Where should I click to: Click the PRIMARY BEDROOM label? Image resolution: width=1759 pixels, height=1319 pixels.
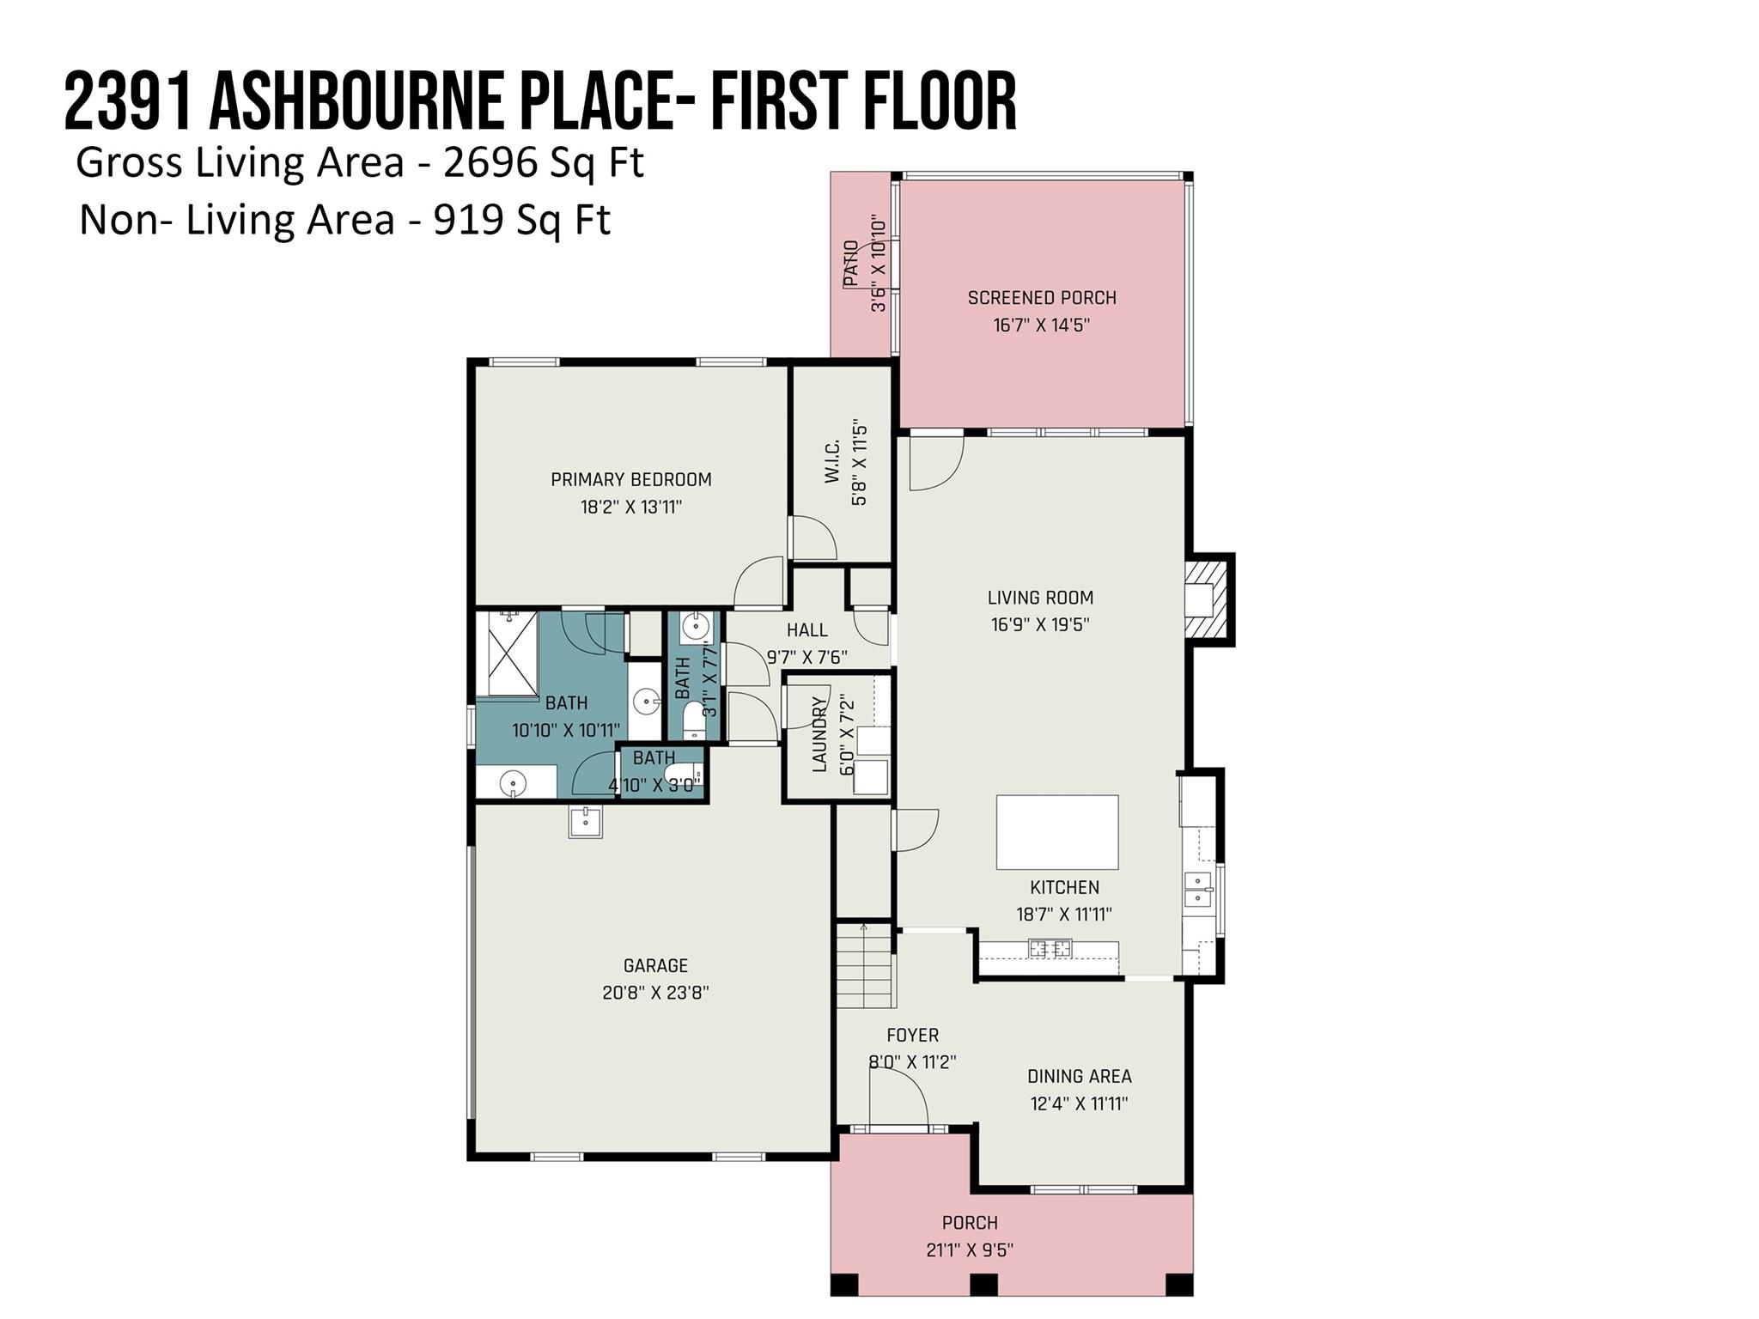tap(631, 479)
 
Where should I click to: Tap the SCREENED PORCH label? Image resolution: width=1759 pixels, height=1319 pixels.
tap(1042, 298)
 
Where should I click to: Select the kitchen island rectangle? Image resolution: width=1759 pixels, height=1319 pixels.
tap(1057, 832)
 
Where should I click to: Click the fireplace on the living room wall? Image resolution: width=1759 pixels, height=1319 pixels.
tap(1209, 599)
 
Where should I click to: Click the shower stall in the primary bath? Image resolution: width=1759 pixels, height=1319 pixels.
tap(508, 653)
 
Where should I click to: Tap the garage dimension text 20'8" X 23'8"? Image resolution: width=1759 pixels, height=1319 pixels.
tap(655, 993)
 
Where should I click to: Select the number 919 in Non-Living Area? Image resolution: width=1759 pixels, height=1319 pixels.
tap(469, 220)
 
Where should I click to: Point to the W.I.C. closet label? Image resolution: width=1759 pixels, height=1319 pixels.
tap(832, 461)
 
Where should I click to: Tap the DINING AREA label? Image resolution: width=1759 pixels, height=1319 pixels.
tap(1080, 1076)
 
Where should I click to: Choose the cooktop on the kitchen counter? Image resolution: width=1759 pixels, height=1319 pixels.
tap(1050, 949)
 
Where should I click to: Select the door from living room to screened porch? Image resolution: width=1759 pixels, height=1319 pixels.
tap(936, 463)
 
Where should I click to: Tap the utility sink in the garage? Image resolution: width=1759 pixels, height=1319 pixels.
tap(587, 821)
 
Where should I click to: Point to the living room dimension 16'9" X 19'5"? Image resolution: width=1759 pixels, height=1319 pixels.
tap(1040, 624)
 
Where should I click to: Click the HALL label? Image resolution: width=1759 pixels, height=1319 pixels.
tap(807, 630)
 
